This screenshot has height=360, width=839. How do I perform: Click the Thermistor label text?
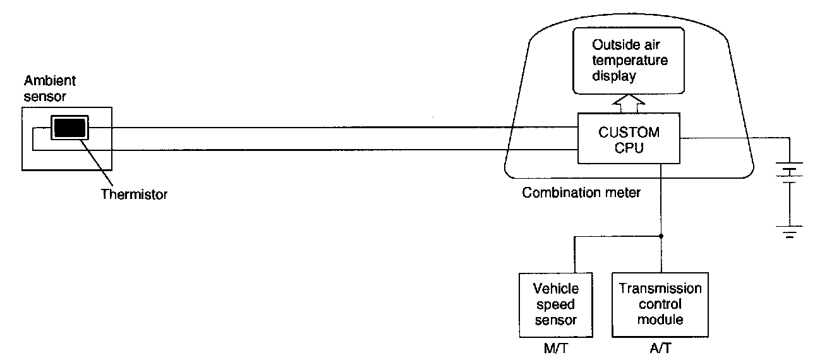coord(135,195)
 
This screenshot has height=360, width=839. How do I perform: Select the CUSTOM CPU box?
coord(628,140)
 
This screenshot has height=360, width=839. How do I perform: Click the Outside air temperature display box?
coord(629,61)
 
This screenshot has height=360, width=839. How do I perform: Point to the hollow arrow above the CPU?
coord(629,102)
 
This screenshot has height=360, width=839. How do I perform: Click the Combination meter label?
coord(581,193)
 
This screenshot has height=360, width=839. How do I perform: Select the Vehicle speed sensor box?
coord(555,304)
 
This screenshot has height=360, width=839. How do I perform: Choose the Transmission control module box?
coord(660,304)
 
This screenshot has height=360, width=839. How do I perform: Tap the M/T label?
coord(556,349)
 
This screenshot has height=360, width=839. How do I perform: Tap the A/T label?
coord(660,349)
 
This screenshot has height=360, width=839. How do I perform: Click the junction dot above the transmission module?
coord(660,237)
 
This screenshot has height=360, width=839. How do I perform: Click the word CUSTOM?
coord(628,133)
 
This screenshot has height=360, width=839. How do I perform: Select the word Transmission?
coord(660,289)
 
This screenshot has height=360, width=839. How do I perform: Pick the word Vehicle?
coord(556,289)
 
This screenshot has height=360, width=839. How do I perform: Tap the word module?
coord(660,320)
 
